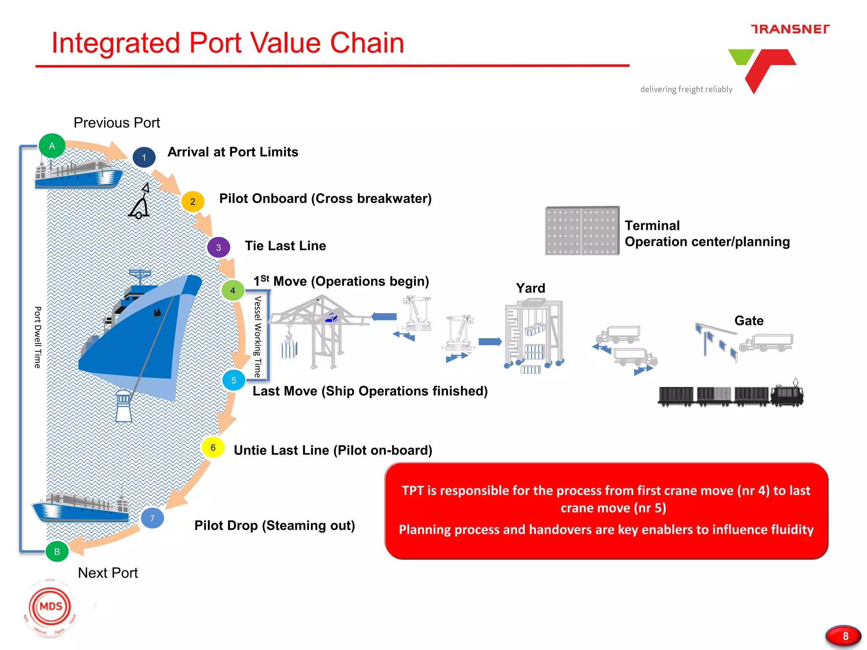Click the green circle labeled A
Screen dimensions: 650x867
point(52,146)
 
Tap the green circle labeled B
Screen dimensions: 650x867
point(57,551)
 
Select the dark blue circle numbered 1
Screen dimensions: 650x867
point(144,157)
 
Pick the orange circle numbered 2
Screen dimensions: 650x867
point(193,201)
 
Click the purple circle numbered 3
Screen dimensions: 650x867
point(218,247)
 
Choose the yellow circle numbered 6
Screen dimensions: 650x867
point(213,447)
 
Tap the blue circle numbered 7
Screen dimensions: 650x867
point(152,518)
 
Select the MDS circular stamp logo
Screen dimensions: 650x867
point(51,607)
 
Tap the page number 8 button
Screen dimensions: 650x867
point(843,636)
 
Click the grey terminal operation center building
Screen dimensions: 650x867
point(582,231)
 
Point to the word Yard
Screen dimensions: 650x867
point(530,288)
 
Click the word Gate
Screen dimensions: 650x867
point(748,320)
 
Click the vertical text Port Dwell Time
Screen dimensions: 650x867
point(38,337)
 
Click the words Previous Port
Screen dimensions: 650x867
point(117,123)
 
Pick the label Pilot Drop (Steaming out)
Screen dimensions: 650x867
point(274,525)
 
